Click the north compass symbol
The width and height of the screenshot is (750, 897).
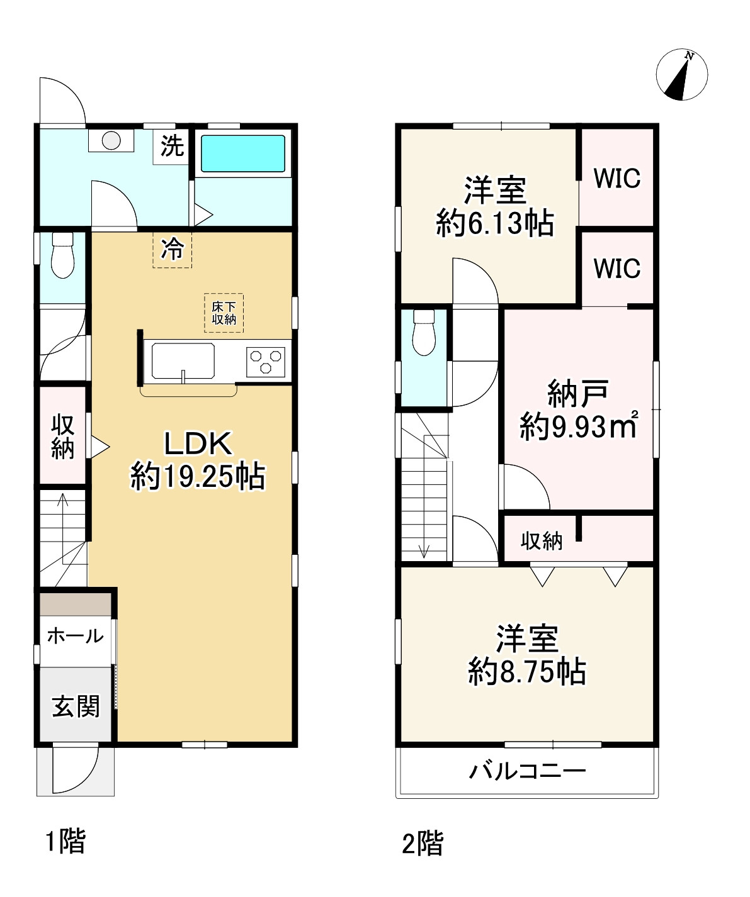[x=681, y=75]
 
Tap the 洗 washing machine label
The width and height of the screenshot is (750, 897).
[x=172, y=146]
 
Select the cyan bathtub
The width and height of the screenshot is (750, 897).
[x=243, y=153]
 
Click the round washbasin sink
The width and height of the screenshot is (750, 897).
[x=111, y=140]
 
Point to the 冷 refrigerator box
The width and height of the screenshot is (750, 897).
[x=172, y=249]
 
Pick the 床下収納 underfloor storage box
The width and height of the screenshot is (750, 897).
[x=224, y=313]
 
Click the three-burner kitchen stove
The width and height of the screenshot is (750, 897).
[x=266, y=362]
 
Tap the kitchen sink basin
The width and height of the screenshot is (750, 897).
[x=183, y=361]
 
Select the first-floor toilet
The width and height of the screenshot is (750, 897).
[x=62, y=255]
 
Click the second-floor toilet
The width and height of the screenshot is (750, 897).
[x=424, y=333]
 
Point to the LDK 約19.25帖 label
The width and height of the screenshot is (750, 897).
[x=198, y=460]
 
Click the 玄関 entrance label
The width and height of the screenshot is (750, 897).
[x=76, y=706]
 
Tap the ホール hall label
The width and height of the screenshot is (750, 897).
[x=76, y=636]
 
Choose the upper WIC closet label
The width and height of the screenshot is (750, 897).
[x=617, y=178]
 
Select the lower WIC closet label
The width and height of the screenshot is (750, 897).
[x=617, y=268]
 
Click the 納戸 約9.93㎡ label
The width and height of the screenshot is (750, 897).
[x=579, y=410]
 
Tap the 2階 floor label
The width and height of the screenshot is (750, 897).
[x=423, y=844]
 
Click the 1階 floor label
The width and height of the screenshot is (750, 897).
[x=65, y=841]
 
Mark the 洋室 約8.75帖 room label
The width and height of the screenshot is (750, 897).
[x=527, y=655]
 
